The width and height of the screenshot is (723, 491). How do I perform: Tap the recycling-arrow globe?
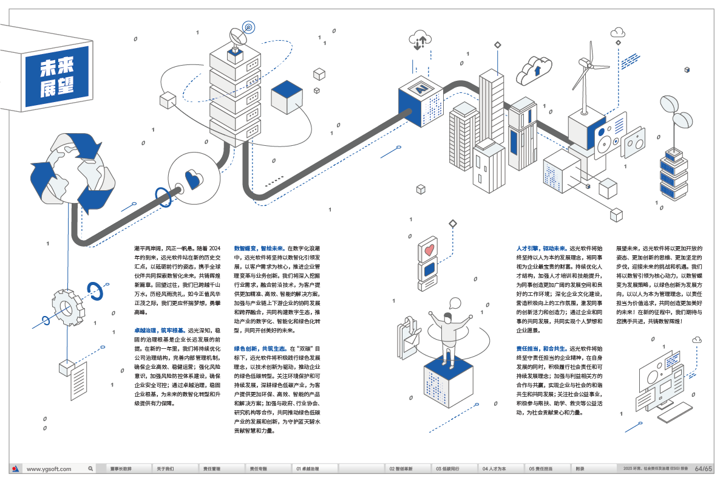74,172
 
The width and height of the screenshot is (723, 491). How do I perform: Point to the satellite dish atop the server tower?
237,40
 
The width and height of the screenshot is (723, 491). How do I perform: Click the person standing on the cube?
447,333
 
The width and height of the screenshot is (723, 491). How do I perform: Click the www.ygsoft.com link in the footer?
49,469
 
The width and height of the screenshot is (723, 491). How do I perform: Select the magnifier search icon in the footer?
90,469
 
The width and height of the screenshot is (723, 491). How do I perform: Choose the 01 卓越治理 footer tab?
308,469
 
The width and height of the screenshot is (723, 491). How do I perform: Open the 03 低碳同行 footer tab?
447,469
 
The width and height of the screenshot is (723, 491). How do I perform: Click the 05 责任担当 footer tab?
540,469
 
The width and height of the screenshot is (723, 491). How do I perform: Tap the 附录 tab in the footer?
580,469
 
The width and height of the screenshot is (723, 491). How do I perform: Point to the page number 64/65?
704,469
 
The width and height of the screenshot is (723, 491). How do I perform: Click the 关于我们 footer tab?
165,469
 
